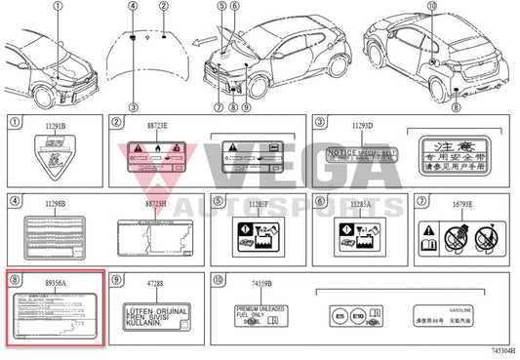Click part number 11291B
coord(57,127)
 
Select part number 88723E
coord(157,127)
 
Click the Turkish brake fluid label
coord(156,315)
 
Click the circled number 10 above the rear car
coord(432,7)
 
